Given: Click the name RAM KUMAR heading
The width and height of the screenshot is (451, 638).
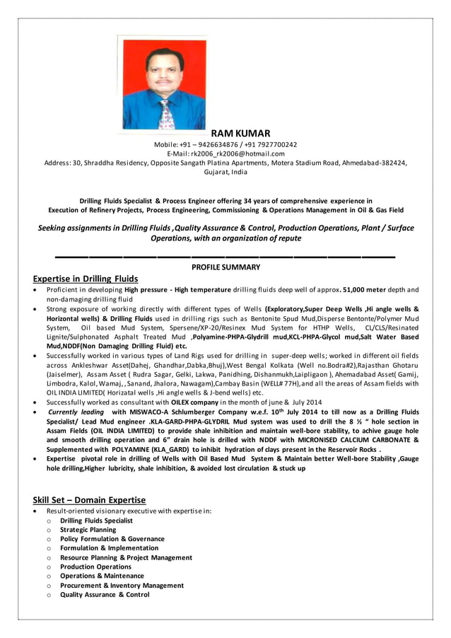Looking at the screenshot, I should click(x=240, y=134).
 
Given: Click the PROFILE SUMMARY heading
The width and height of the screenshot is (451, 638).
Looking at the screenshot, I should click(x=225, y=267).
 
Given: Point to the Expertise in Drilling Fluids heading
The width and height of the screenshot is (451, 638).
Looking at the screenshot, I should click(x=86, y=279).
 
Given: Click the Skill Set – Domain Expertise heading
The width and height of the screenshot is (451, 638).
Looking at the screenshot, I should click(x=89, y=500).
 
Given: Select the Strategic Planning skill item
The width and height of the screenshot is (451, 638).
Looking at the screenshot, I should click(x=88, y=530).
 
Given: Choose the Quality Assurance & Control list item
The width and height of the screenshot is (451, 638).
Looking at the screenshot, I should click(x=105, y=595).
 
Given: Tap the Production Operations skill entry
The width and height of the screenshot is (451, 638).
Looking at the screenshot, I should click(x=95, y=567).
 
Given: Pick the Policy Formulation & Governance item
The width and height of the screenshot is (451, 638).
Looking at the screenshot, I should click(x=112, y=539).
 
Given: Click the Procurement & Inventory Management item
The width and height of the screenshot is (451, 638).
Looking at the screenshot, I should click(x=122, y=586).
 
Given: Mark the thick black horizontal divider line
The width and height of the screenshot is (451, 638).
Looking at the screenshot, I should click(x=225, y=256).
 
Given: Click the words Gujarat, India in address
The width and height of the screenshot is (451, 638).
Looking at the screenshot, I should click(x=225, y=172).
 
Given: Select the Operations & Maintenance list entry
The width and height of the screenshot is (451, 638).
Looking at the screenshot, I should click(x=102, y=576).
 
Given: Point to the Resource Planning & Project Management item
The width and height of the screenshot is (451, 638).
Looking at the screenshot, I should click(x=126, y=557).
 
